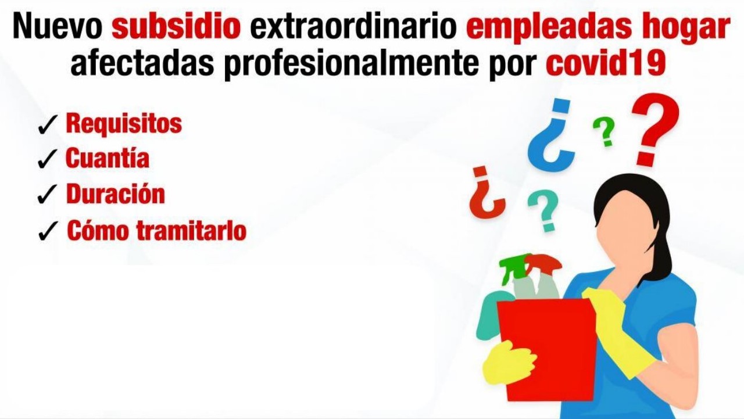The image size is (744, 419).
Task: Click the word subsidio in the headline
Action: click(176, 27)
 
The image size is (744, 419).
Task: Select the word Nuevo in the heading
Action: click(57, 27)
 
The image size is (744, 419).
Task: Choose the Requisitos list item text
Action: click(124, 124)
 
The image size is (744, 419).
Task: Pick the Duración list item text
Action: click(115, 194)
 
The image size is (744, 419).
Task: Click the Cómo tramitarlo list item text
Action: click(156, 230)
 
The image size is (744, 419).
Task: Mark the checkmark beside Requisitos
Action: click(48, 125)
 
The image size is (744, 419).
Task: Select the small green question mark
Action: click(604, 131)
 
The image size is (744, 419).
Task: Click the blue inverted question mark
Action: click(551, 135)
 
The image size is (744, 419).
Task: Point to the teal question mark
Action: click(543, 211)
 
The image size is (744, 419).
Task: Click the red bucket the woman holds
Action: click(546, 349)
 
